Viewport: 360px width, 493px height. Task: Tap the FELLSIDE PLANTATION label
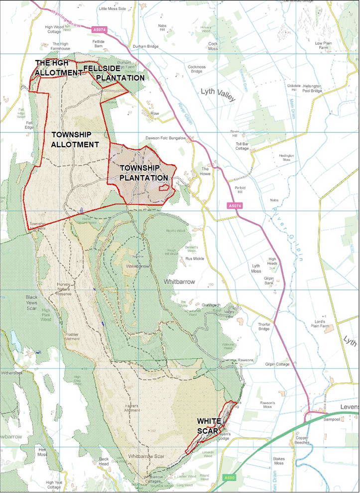[x=114, y=73]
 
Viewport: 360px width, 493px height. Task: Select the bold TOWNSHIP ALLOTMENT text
[x=75, y=139]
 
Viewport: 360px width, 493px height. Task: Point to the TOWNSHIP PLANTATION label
[x=143, y=173]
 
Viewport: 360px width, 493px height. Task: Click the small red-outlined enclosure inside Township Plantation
[x=163, y=188]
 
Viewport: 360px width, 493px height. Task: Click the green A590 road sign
[x=229, y=478]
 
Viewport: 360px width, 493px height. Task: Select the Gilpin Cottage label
[x=277, y=364]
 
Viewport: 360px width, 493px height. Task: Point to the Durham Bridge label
[x=145, y=46]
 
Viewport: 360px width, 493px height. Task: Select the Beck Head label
[x=104, y=461]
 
